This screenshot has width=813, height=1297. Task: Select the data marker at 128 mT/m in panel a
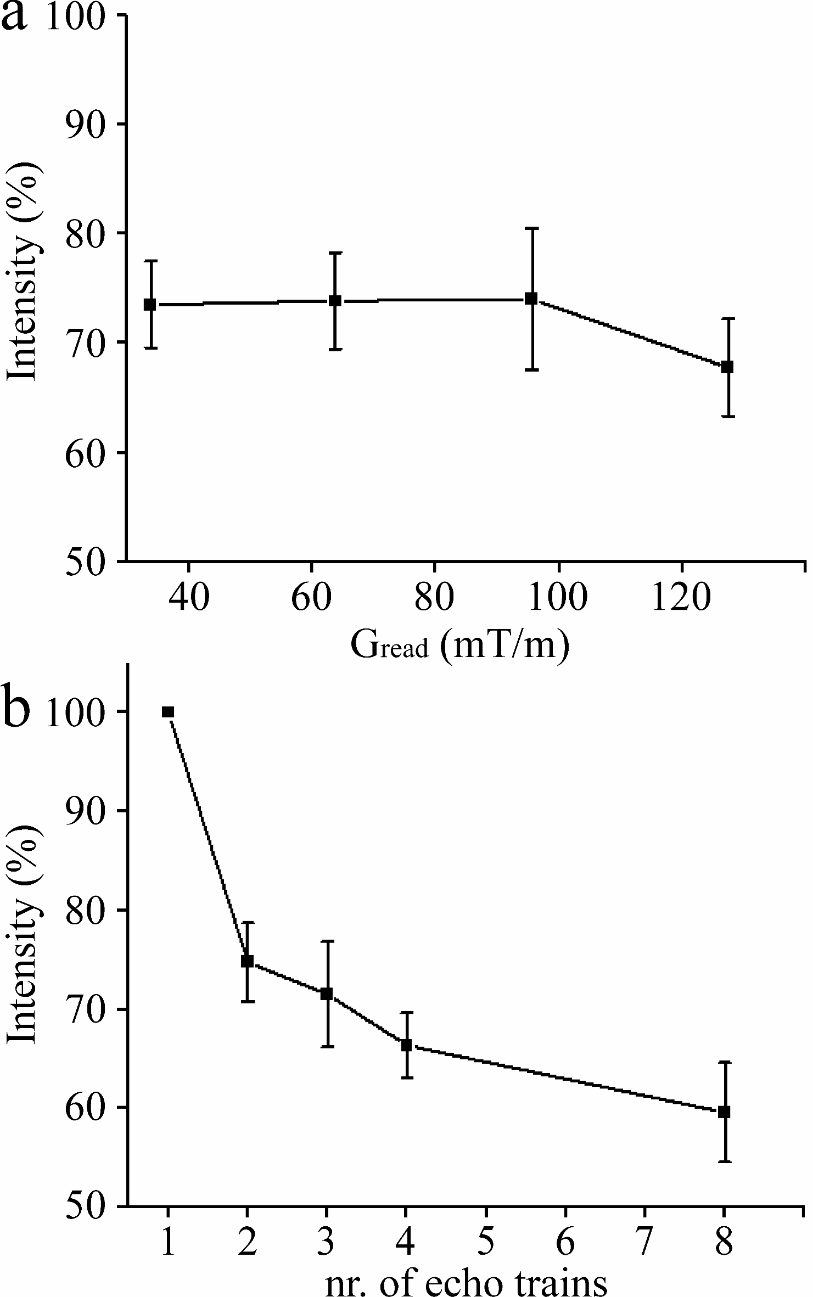pos(727,367)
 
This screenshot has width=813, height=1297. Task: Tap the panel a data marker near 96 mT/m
pos(531,299)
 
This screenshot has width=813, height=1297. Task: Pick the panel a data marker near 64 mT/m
pos(335,301)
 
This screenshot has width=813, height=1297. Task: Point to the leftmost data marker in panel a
pos(150,304)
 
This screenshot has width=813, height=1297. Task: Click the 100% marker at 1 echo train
pos(168,712)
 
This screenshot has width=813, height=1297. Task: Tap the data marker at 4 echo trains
pos(406,1045)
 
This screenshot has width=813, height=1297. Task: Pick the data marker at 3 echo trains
pos(327,994)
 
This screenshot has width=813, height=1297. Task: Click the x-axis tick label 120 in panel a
pos(681,598)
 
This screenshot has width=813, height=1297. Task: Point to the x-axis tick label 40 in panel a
pos(188,598)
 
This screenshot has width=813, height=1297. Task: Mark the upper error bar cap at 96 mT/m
pos(531,228)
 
